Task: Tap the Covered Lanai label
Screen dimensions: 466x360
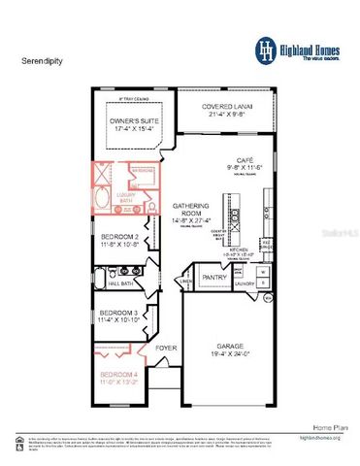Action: (x=229, y=107)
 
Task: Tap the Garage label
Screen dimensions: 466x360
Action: (x=228, y=347)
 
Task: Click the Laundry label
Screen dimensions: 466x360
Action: (x=244, y=284)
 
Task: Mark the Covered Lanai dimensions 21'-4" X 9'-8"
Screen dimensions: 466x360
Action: (x=229, y=115)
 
